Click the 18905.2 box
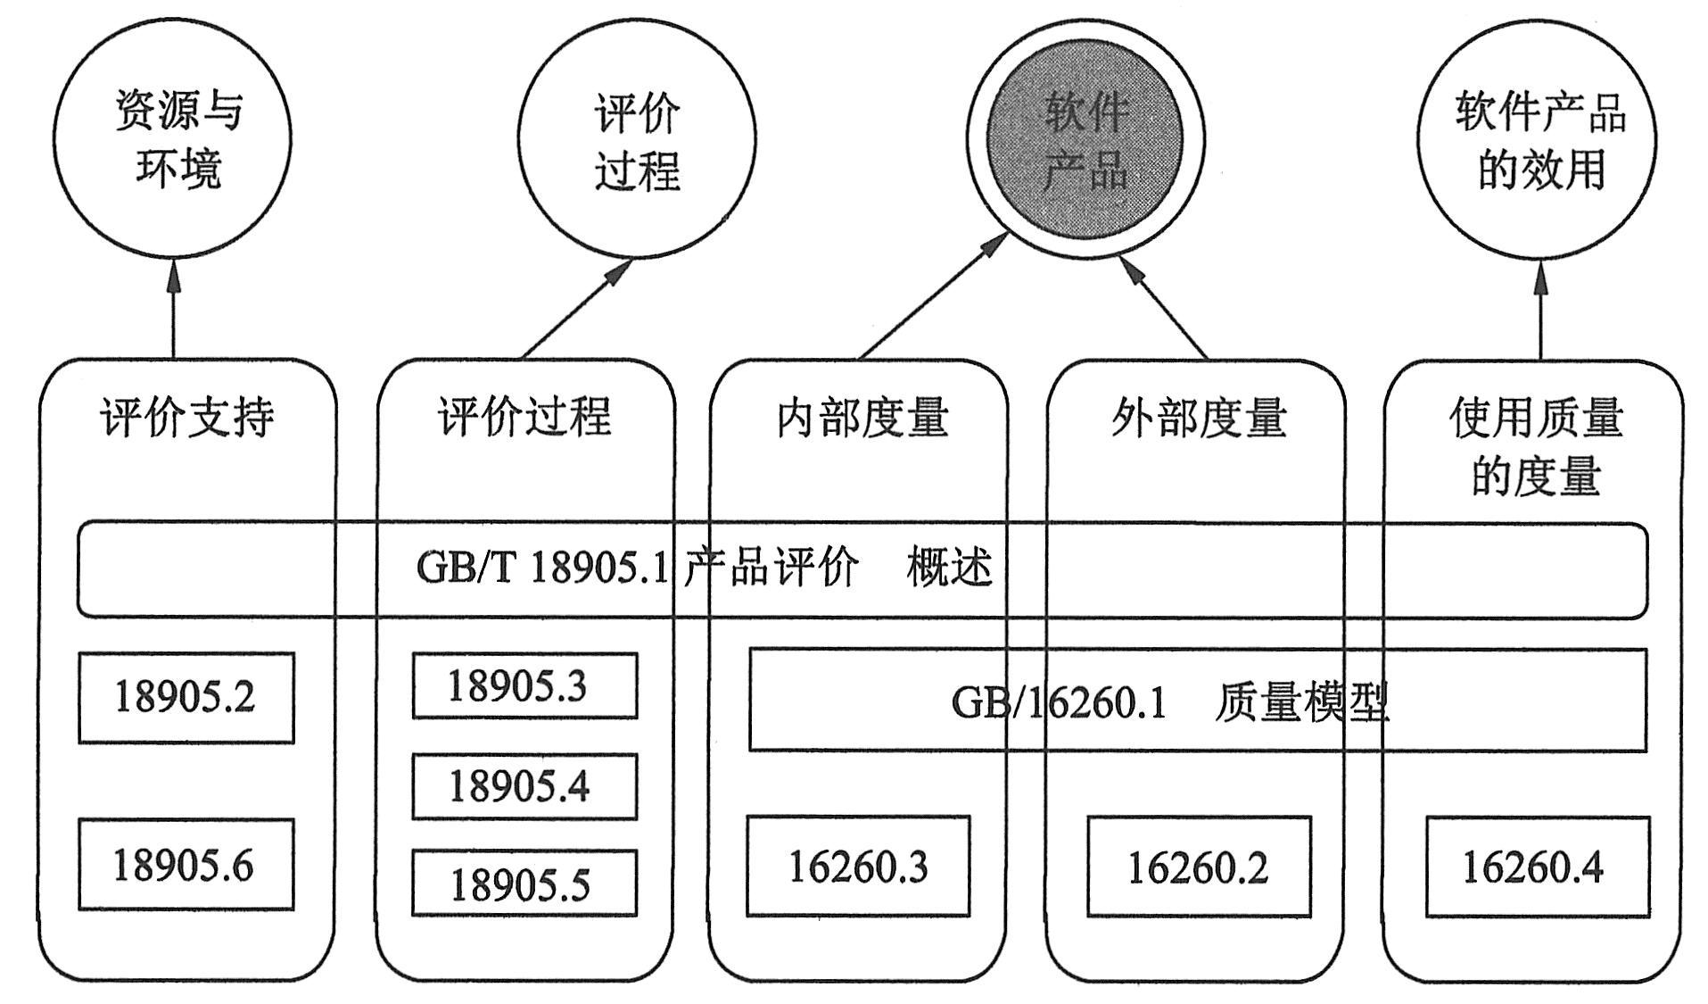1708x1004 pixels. coord(186,697)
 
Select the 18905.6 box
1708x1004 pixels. coord(186,864)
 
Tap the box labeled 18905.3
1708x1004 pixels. coord(524,685)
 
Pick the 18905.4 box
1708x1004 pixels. coord(524,786)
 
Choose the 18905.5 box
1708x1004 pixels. coord(524,884)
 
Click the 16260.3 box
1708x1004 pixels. coord(858,866)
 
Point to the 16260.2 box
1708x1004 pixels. coord(1199,867)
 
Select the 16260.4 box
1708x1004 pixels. coord(1537,867)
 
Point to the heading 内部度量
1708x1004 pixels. coord(862,417)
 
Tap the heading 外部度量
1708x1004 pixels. coord(1199,417)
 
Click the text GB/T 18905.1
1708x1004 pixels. coord(541,567)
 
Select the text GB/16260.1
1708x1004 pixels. coord(1058,702)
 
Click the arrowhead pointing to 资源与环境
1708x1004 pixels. coord(174,277)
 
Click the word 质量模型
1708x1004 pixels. coord(1302,702)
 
